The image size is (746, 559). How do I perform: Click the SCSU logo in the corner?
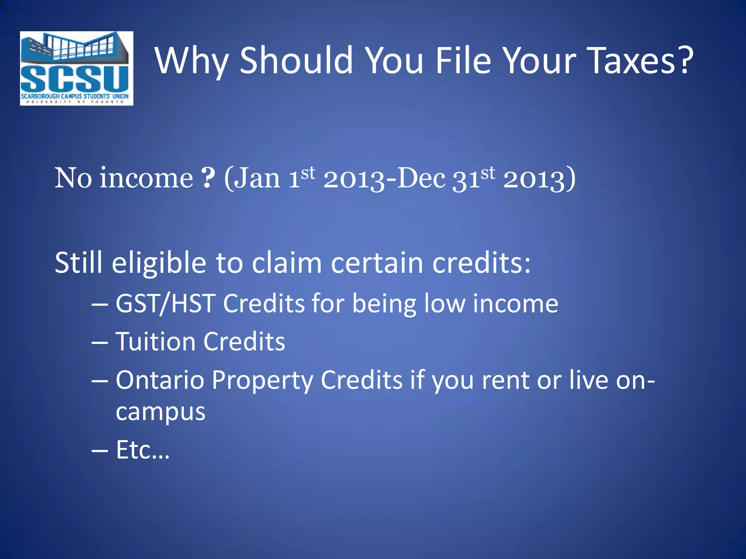pyautogui.click(x=76, y=68)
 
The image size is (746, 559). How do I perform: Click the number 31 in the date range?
pyautogui.click(x=466, y=179)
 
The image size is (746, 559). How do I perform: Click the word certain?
pyautogui.click(x=377, y=263)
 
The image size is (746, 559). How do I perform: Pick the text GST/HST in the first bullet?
pyautogui.click(x=165, y=304)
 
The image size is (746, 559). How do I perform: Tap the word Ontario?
pyautogui.click(x=160, y=380)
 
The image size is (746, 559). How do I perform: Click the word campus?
pyautogui.click(x=161, y=412)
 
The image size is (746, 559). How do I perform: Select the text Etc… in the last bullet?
pyautogui.click(x=142, y=450)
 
